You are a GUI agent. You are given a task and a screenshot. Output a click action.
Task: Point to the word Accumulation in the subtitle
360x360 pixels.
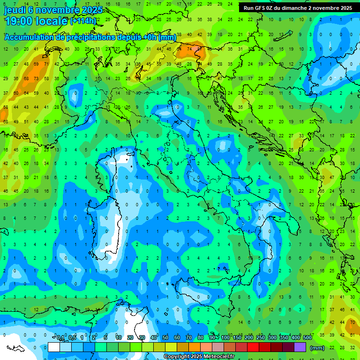click(x=29, y=37)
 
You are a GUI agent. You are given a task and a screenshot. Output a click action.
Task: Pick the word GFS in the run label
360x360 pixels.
click(x=261, y=8)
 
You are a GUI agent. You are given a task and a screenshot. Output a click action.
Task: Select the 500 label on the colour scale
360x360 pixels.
click(x=307, y=338)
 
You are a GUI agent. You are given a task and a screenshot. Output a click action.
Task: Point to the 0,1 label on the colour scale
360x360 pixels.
click(x=60, y=338)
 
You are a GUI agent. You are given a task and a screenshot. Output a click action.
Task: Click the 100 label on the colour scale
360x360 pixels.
click(x=225, y=338)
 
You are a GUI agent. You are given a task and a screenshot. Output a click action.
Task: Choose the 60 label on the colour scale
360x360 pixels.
click(x=177, y=338)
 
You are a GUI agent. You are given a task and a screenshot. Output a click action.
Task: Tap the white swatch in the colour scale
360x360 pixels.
click(x=54, y=347)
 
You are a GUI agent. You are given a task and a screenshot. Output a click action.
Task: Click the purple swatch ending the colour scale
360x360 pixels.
click(x=300, y=347)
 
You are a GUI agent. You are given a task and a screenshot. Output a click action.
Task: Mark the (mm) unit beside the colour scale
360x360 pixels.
click(x=317, y=348)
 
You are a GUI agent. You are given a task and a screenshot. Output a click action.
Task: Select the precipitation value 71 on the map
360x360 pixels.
click(x=46, y=64)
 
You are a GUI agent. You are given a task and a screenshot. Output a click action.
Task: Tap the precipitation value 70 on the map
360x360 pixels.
click(x=352, y=322)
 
